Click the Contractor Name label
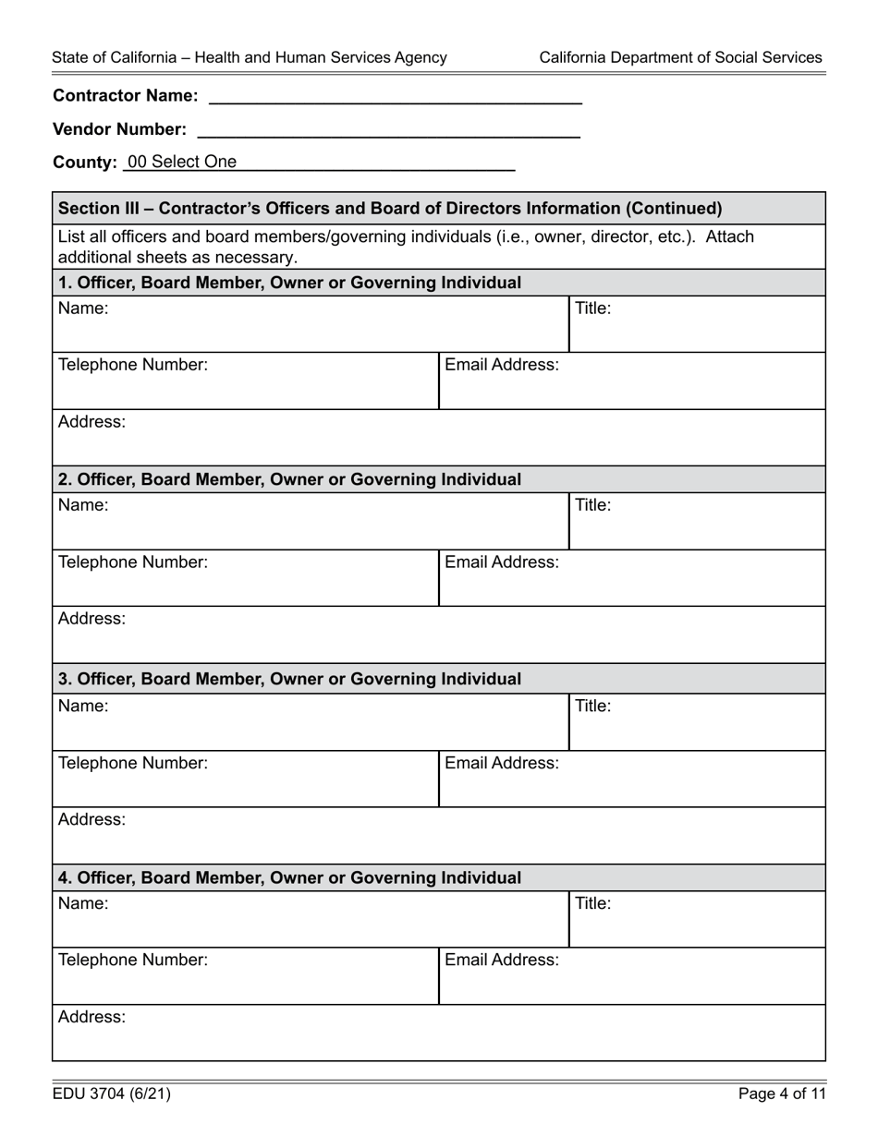125,96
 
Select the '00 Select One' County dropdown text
182,163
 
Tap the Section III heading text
389,209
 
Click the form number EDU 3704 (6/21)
111,1094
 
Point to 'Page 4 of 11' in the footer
781,1094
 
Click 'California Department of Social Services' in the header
680,57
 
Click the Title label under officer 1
593,308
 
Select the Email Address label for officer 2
502,562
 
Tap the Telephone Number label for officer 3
133,763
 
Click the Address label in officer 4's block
91,1017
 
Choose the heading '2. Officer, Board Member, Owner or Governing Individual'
289,480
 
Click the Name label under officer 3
83,707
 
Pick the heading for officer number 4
289,878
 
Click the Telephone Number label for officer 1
133,365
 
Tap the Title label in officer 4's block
593,903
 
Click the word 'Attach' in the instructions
729,237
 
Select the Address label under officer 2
91,619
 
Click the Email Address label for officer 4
502,961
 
